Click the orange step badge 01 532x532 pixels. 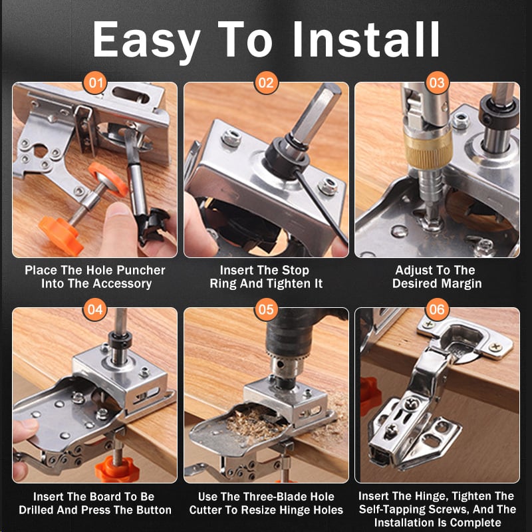tap(96, 83)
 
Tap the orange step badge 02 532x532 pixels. tap(266, 83)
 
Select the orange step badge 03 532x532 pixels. tap(437, 83)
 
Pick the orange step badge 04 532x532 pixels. tap(96, 309)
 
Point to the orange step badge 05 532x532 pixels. tap(266, 309)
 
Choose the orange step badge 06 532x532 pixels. tap(437, 309)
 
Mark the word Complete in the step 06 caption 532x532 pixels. tap(477, 523)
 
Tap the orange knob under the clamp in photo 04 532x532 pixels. tap(114, 469)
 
